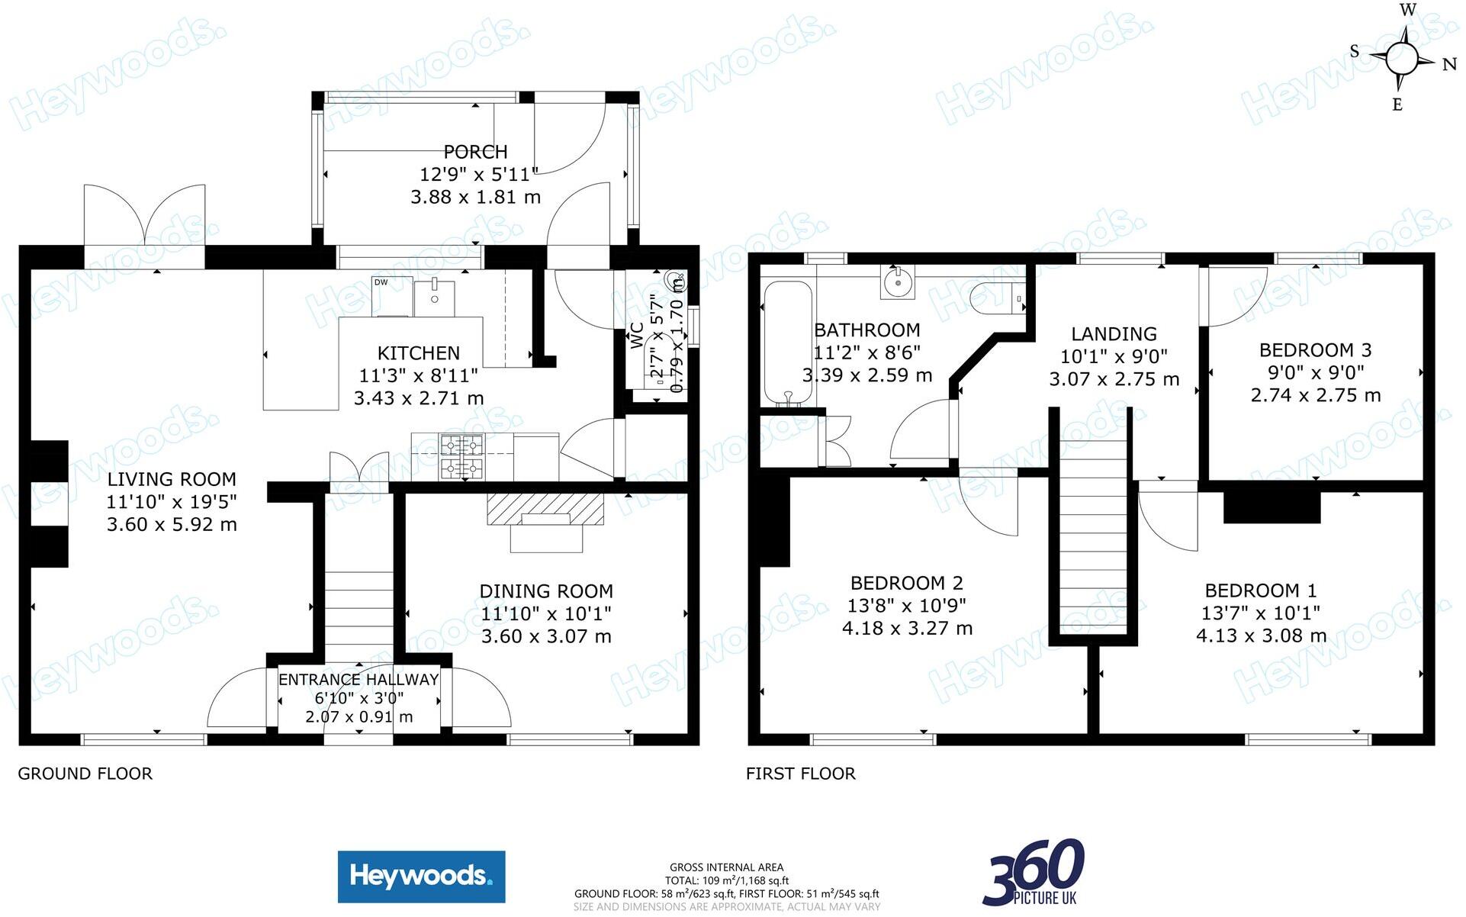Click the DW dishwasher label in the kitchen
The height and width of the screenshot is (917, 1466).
coord(381,283)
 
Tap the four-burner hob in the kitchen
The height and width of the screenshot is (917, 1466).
coord(461,457)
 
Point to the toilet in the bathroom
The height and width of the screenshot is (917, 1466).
coord(998,298)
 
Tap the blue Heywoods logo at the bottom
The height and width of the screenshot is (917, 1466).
coord(421,877)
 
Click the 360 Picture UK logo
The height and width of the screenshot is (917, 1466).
coord(1034,872)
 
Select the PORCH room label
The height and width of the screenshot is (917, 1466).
coord(475,152)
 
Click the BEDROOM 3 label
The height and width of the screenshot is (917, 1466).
coord(1315,350)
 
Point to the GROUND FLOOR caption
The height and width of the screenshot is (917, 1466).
coord(85,774)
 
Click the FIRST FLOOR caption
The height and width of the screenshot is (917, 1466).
coord(800,774)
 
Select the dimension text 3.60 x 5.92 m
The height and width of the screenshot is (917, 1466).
coord(172,525)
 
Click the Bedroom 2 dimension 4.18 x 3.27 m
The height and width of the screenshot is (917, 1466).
coord(907,629)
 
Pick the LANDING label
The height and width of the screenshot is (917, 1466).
coord(1114,334)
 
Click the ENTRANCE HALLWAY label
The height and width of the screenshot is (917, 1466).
coord(358,680)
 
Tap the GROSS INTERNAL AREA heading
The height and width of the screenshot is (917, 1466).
coord(726,867)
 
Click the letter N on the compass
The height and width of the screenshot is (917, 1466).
coord(1449,65)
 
